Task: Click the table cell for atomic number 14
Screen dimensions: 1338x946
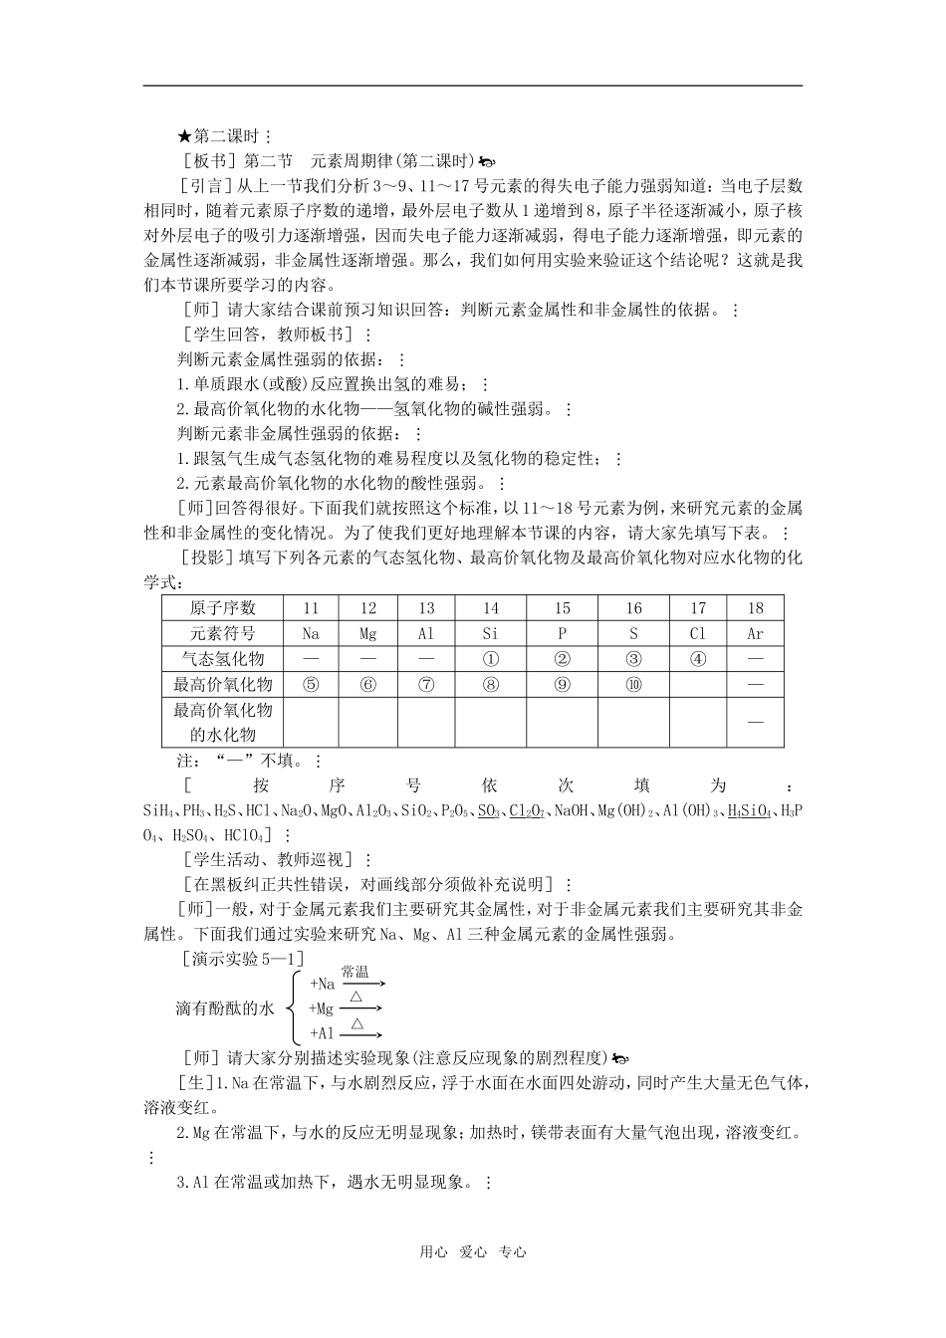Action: [490, 608]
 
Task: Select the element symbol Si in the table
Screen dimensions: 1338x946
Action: [490, 633]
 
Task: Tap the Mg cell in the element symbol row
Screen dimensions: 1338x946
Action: [368, 633]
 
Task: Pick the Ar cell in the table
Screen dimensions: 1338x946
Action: [755, 633]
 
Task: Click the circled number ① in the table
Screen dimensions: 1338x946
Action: [490, 659]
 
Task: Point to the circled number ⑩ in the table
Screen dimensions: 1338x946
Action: [633, 684]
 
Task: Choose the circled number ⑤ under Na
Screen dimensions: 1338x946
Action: [311, 684]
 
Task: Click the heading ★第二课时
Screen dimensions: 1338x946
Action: [218, 136]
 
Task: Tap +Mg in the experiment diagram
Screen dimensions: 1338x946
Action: [322, 1008]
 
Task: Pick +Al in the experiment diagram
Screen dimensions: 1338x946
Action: [322, 1034]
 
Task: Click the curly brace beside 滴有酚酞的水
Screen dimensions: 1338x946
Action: [293, 1008]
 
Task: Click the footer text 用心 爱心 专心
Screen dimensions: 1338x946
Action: [472, 1252]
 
